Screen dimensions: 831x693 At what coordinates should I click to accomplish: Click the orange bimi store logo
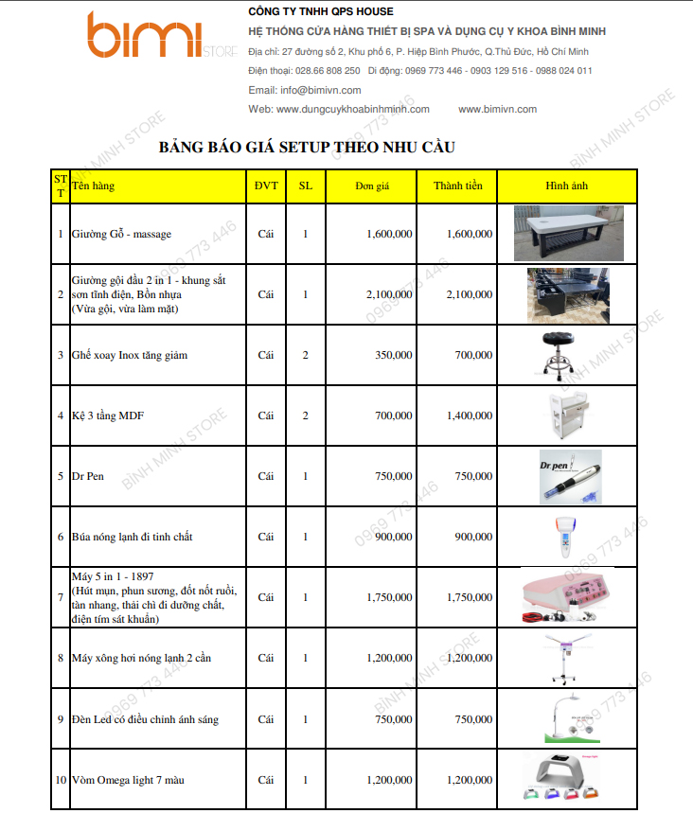(x=151, y=36)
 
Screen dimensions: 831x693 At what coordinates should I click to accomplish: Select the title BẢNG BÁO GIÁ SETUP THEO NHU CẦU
(x=307, y=148)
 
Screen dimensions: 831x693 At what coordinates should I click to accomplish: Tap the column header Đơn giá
(x=373, y=186)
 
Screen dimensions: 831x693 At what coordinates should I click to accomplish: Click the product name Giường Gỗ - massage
(x=121, y=233)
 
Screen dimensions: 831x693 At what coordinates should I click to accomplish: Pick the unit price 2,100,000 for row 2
(x=388, y=294)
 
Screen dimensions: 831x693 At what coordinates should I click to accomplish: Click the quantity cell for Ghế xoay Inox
(x=305, y=355)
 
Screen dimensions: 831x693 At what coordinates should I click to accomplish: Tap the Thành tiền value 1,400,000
(x=469, y=415)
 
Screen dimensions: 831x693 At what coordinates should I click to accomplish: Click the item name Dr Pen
(x=88, y=476)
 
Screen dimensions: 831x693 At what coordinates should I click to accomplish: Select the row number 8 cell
(x=61, y=658)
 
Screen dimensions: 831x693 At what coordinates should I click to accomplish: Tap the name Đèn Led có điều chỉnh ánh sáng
(x=145, y=719)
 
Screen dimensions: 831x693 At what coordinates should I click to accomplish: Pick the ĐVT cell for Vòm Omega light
(x=266, y=780)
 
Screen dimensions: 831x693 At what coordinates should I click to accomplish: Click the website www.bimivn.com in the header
(x=497, y=109)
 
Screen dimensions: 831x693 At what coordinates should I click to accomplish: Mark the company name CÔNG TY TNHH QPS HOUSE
(x=320, y=11)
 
